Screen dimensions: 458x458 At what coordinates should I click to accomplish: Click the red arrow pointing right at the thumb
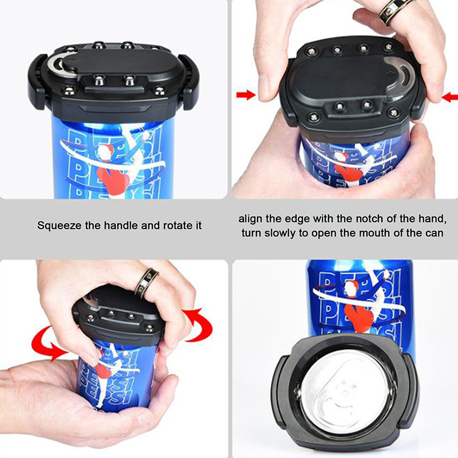[x=246, y=95]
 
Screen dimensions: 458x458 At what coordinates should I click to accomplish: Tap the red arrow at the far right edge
[x=450, y=97]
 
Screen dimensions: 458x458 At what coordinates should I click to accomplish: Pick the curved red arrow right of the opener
[x=199, y=324]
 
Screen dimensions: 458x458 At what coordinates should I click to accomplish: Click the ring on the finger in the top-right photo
[x=396, y=11]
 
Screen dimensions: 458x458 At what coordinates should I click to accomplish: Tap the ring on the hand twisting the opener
[x=146, y=283]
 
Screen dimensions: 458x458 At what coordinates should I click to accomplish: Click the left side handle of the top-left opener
[x=37, y=81]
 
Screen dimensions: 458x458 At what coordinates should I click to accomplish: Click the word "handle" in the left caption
[x=121, y=226]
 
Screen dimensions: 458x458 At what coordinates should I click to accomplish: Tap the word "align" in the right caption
[x=251, y=219]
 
